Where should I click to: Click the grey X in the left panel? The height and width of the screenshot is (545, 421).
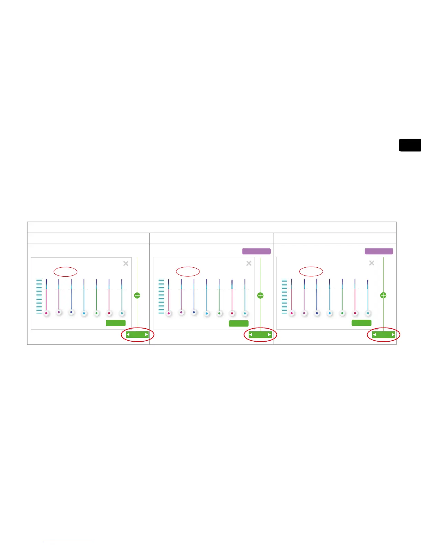[x=126, y=263]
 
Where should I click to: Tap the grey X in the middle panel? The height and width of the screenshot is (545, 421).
[x=249, y=263]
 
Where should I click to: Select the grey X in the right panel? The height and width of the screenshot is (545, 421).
[x=372, y=263]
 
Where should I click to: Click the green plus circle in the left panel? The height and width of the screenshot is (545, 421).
[x=137, y=295]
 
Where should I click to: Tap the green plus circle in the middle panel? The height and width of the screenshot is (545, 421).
[x=260, y=295]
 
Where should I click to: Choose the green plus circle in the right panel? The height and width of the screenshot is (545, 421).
[x=383, y=295]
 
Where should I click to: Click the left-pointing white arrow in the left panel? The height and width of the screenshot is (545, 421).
[x=128, y=334]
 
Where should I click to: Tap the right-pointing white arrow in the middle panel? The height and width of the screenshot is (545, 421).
[x=269, y=334]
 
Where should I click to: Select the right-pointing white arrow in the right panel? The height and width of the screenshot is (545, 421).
[x=393, y=334]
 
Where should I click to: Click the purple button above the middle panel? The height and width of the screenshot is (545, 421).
[x=256, y=251]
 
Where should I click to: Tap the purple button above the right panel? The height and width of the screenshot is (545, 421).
[x=379, y=251]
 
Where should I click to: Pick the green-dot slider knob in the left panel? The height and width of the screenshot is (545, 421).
[x=97, y=313]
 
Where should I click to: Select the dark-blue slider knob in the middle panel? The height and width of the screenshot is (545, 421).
[x=194, y=312]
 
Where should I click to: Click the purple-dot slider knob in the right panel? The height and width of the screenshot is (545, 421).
[x=304, y=313]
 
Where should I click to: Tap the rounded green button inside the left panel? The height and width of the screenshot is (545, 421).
[x=116, y=323]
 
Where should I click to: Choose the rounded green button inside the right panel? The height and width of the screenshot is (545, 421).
[x=361, y=323]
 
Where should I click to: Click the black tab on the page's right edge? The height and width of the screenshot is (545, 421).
[x=410, y=145]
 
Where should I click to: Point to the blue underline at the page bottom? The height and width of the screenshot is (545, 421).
[x=68, y=542]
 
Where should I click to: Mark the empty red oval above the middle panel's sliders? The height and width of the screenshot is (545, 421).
[x=188, y=271]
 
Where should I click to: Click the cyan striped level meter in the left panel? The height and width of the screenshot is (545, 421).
[x=39, y=296]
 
